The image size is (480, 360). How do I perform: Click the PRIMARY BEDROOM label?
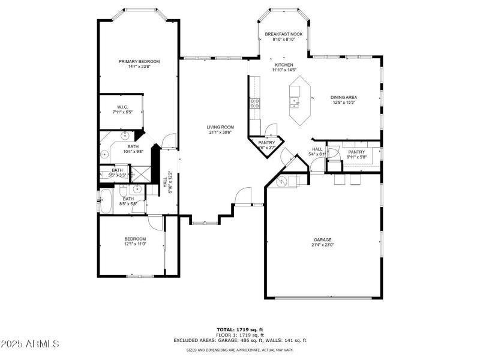tap(139, 61)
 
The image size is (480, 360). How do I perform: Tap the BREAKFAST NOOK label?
tap(284, 34)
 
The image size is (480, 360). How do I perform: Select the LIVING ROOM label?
tap(220, 127)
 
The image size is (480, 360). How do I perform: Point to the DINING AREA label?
tap(344, 97)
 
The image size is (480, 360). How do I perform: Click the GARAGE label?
tap(322, 239)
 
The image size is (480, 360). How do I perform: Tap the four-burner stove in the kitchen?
tap(254, 101)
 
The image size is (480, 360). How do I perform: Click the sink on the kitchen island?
tap(295, 92)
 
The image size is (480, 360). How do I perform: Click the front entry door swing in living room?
tap(243, 196)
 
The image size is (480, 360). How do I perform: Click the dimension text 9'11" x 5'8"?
tap(356, 157)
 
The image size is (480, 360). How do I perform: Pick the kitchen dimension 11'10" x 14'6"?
tap(284, 70)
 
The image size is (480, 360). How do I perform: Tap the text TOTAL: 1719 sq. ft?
tap(240, 329)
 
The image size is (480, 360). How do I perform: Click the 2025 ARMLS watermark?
tap(30, 344)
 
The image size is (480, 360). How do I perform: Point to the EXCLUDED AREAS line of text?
tap(240, 340)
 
